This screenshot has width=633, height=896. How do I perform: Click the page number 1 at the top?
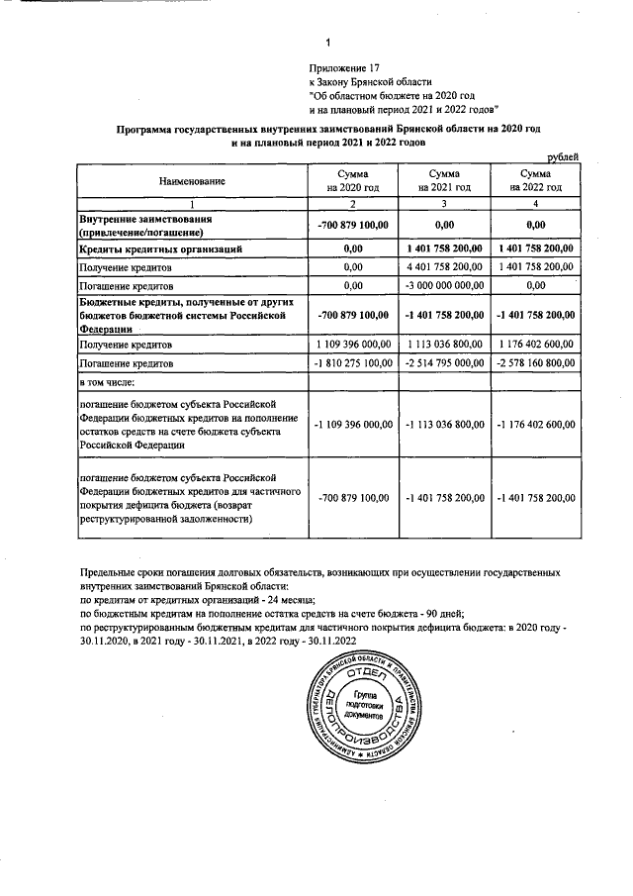coord(326,42)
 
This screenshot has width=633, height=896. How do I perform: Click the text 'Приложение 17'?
coord(343,66)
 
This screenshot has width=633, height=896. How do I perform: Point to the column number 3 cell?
coord(443,203)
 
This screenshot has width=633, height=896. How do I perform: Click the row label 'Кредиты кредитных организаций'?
coord(157,249)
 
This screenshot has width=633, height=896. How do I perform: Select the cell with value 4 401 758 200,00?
coord(443,267)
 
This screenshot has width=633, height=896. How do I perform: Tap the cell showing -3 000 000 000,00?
coord(443,285)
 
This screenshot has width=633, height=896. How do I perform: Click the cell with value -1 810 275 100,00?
coord(353,363)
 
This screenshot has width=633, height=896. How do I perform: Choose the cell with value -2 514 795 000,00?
coord(443,363)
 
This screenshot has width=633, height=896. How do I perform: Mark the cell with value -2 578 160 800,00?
coord(535,363)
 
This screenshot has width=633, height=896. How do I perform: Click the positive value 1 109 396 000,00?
coord(353,345)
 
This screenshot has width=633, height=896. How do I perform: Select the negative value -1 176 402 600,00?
coord(535,425)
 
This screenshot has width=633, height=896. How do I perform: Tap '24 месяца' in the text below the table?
coord(288,600)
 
